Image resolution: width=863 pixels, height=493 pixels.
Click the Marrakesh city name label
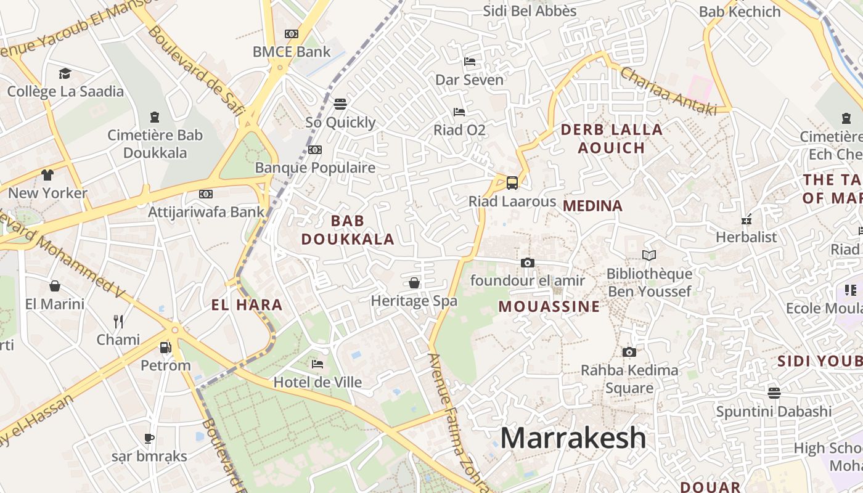pyautogui.click(x=573, y=438)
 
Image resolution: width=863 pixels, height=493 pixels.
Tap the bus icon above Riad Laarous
pyautogui.click(x=512, y=182)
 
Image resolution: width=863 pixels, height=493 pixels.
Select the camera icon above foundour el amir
pyautogui.click(x=527, y=263)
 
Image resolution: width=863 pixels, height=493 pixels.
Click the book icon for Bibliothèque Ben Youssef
pyautogui.click(x=648, y=255)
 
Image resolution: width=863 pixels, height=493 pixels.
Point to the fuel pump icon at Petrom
pyautogui.click(x=165, y=348)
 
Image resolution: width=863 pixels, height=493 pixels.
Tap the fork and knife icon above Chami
pyautogui.click(x=118, y=321)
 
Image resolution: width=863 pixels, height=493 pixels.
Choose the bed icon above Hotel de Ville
pyautogui.click(x=317, y=364)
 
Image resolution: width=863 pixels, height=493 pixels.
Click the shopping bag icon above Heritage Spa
pyautogui.click(x=414, y=283)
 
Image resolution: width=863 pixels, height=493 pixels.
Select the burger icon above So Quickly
pyautogui.click(x=340, y=104)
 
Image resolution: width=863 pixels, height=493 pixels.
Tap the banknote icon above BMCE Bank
pyautogui.click(x=292, y=34)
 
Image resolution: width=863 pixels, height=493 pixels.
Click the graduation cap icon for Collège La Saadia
pyautogui.click(x=65, y=74)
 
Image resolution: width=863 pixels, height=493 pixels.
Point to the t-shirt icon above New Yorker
pyautogui.click(x=47, y=174)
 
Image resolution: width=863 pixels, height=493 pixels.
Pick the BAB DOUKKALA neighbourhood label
pyautogui.click(x=348, y=230)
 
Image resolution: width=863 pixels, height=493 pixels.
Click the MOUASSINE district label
pyautogui.click(x=549, y=306)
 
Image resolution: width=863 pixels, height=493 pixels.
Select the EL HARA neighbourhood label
pyautogui.click(x=247, y=304)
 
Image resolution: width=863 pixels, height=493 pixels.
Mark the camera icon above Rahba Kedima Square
pyautogui.click(x=629, y=352)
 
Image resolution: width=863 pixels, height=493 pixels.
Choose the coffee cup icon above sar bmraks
pyautogui.click(x=149, y=439)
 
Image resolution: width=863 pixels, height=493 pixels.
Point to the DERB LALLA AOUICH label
pyautogui.click(x=611, y=139)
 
